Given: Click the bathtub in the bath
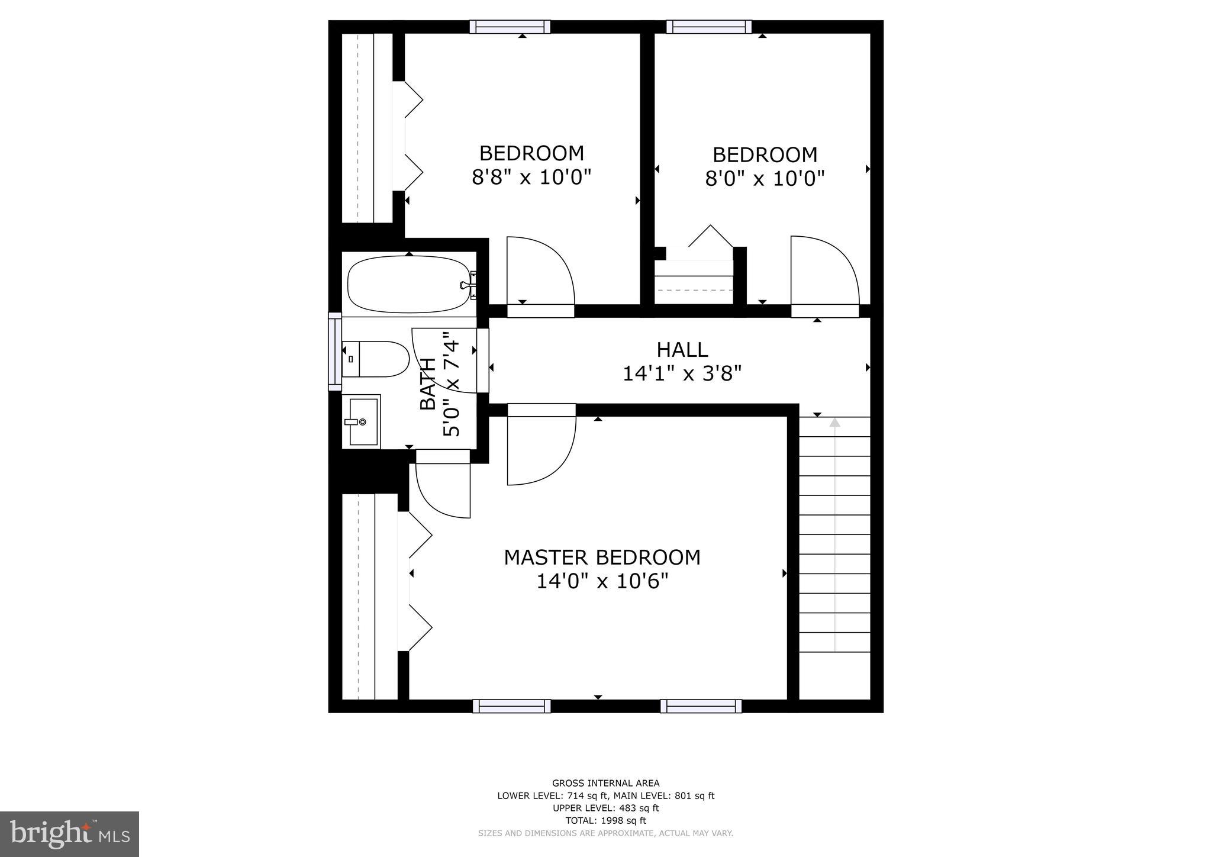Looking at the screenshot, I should point(408,285).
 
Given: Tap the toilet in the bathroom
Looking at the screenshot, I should point(376,359).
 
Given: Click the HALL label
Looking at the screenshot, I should point(682,350).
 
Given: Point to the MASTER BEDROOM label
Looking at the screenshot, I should point(602,558).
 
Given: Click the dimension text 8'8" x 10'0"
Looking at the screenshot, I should point(531,177).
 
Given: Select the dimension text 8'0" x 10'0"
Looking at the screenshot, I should point(765,178).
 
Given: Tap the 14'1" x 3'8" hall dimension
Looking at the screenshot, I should point(682,374).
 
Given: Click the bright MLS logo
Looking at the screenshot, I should point(69,834).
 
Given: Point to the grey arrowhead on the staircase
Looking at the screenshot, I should point(834,423).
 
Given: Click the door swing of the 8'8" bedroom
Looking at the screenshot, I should point(540,272).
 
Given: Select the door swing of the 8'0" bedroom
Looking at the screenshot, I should point(824,272).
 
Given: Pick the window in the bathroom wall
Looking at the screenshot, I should point(335,352).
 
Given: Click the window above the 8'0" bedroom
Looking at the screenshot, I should point(709,27).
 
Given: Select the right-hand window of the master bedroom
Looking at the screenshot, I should point(701,706).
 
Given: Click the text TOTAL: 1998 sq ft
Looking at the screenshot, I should point(605,820).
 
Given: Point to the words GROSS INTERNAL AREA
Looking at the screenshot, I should point(605,783).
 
